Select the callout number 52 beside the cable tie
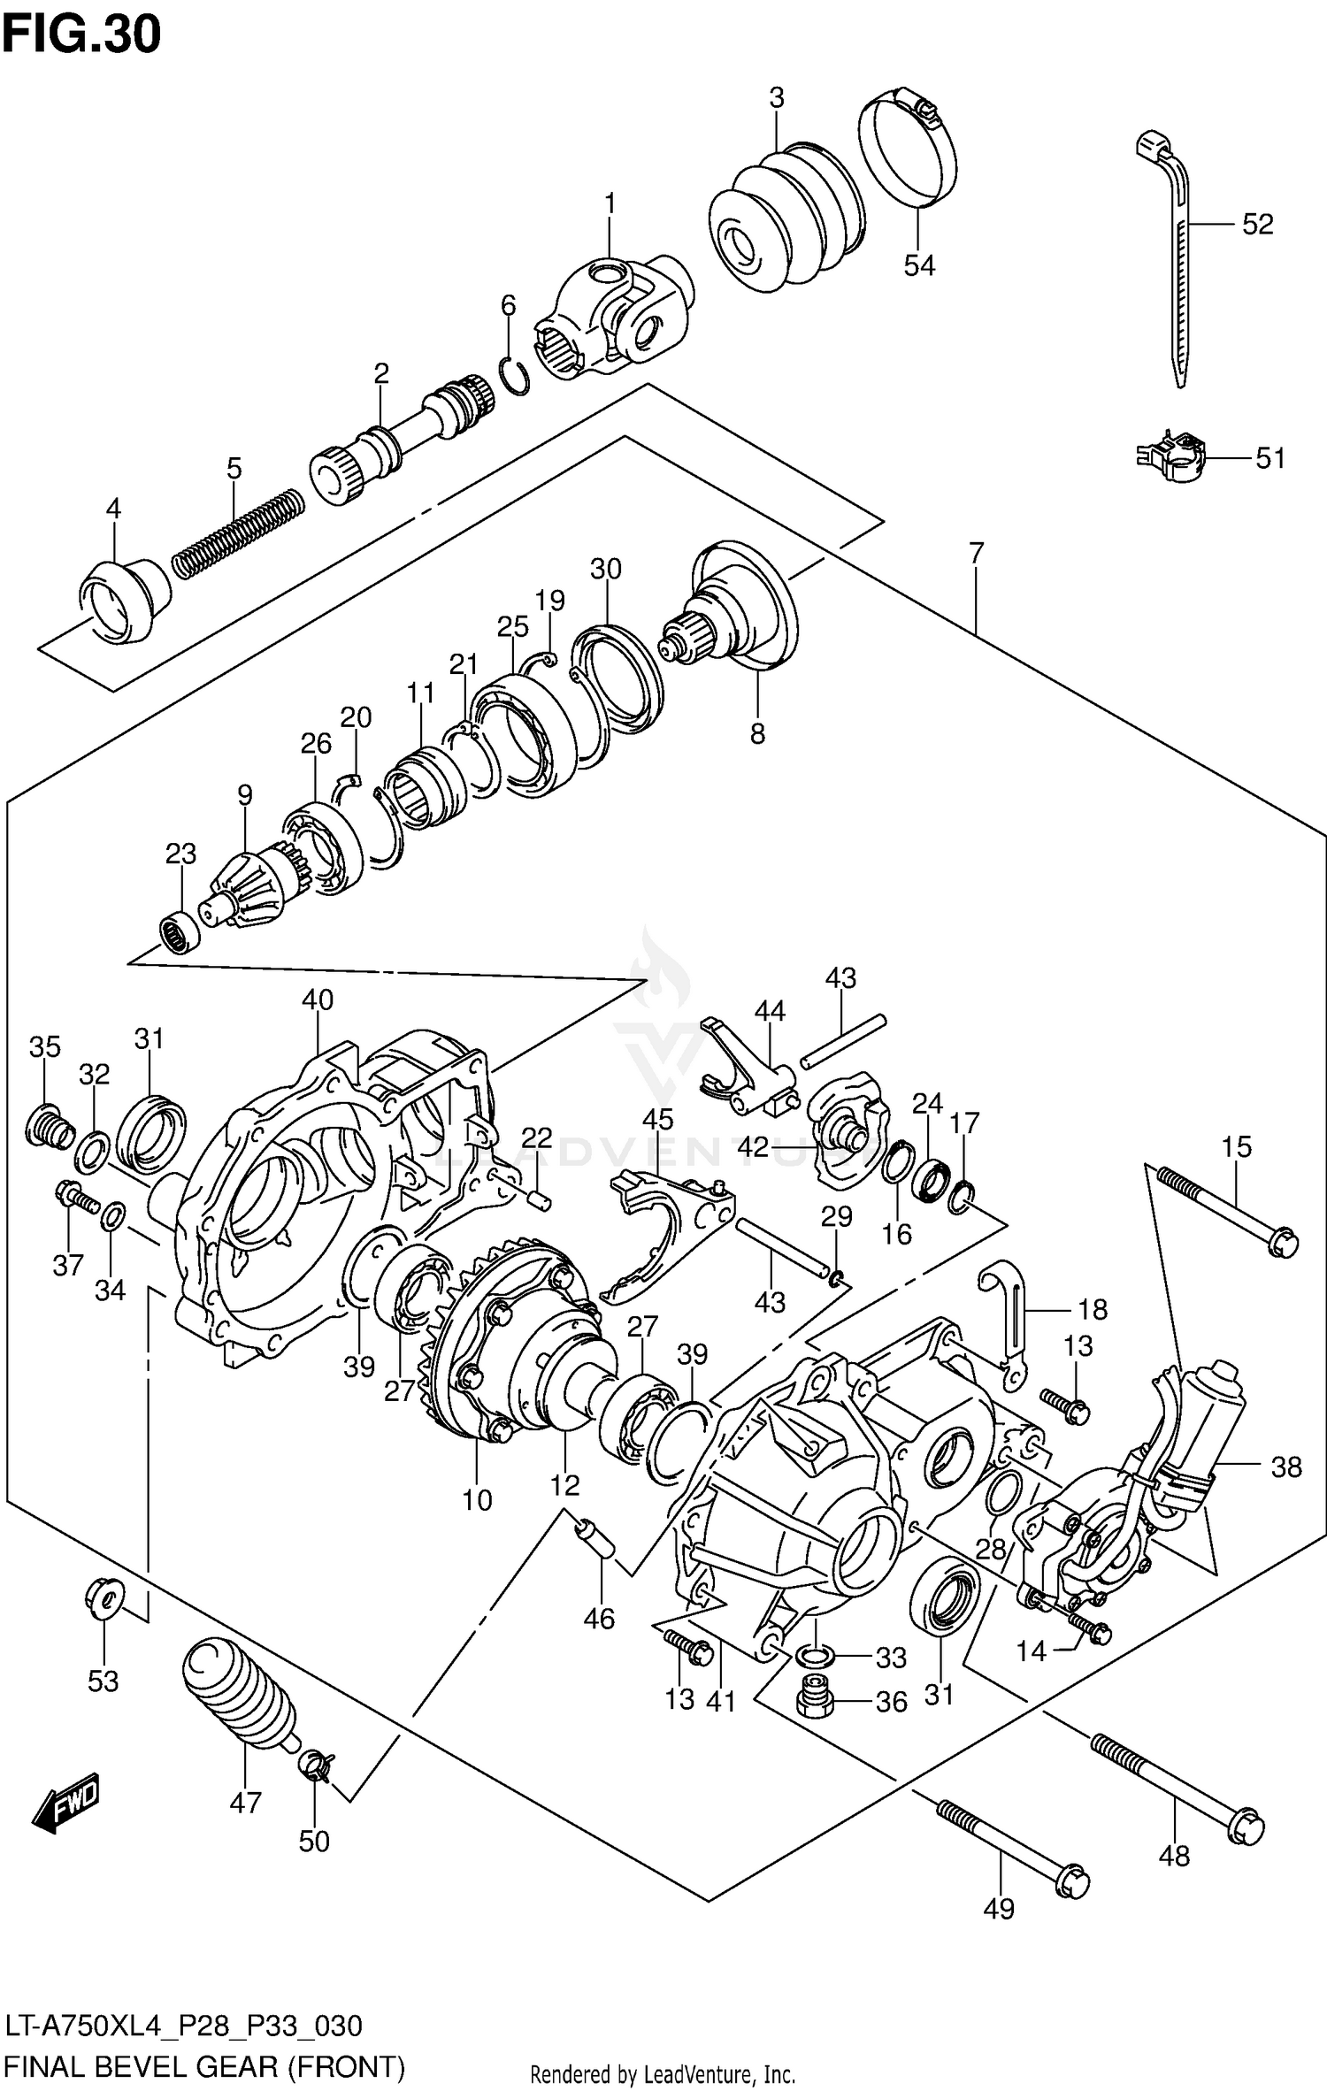tap(1257, 225)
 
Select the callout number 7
tap(976, 554)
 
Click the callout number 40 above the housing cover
tap(318, 1000)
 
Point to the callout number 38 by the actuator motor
tap(1285, 1467)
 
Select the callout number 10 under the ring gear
tap(477, 1499)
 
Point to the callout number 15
tap(1236, 1147)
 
